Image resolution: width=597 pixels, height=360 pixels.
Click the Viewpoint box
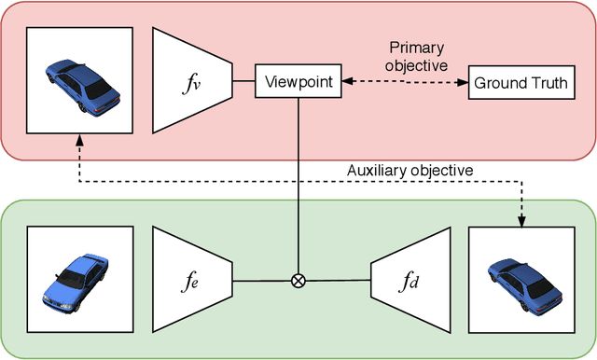tap(298, 82)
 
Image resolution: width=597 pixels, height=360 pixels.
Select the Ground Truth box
tap(521, 83)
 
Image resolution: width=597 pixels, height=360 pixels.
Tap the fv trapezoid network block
tap(192, 80)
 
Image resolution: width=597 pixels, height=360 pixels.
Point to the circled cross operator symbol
tap(298, 280)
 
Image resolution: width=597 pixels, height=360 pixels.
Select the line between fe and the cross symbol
tap(261, 280)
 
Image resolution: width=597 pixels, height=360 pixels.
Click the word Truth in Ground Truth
tap(548, 83)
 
